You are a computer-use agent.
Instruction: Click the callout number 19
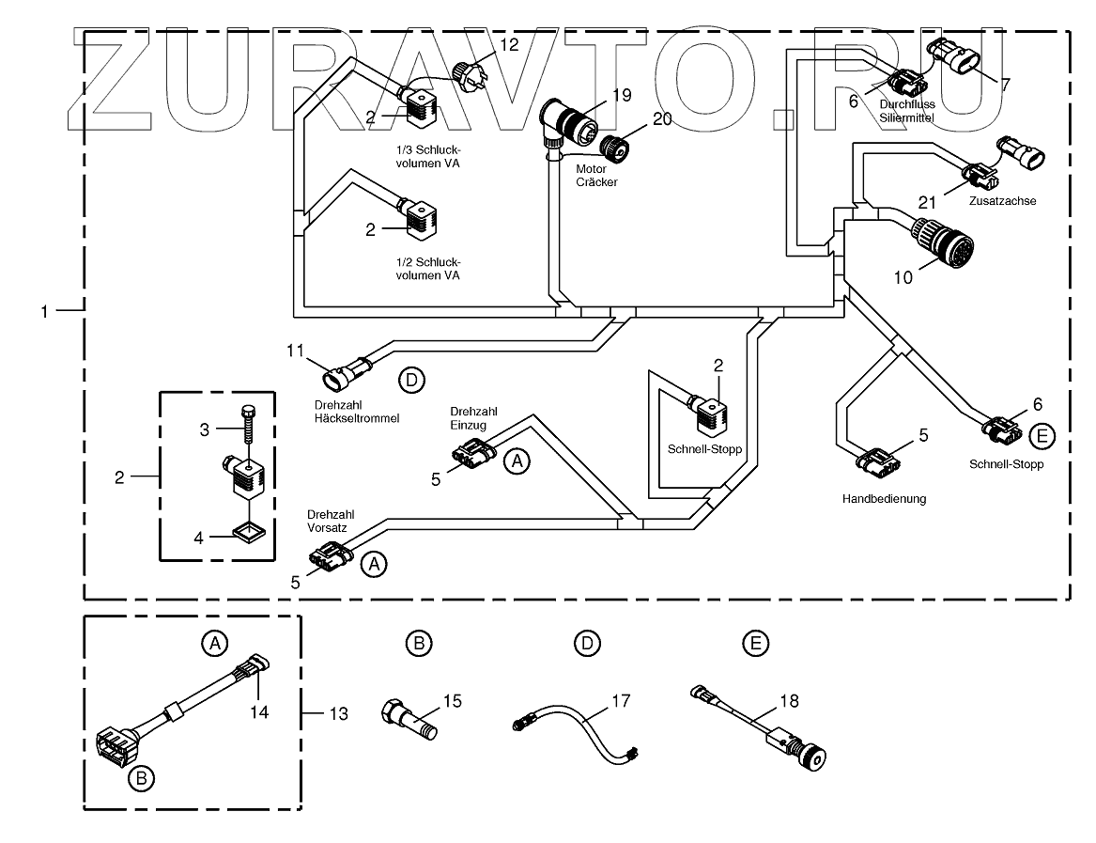point(619,94)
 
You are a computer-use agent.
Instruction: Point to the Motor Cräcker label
point(598,175)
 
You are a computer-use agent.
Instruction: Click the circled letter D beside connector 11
point(410,380)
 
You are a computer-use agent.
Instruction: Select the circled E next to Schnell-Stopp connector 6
point(1041,435)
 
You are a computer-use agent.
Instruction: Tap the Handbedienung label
point(884,499)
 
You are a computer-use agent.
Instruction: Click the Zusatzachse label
point(1005,201)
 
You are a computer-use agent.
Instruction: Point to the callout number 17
point(621,700)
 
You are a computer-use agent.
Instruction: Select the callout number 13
point(337,714)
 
